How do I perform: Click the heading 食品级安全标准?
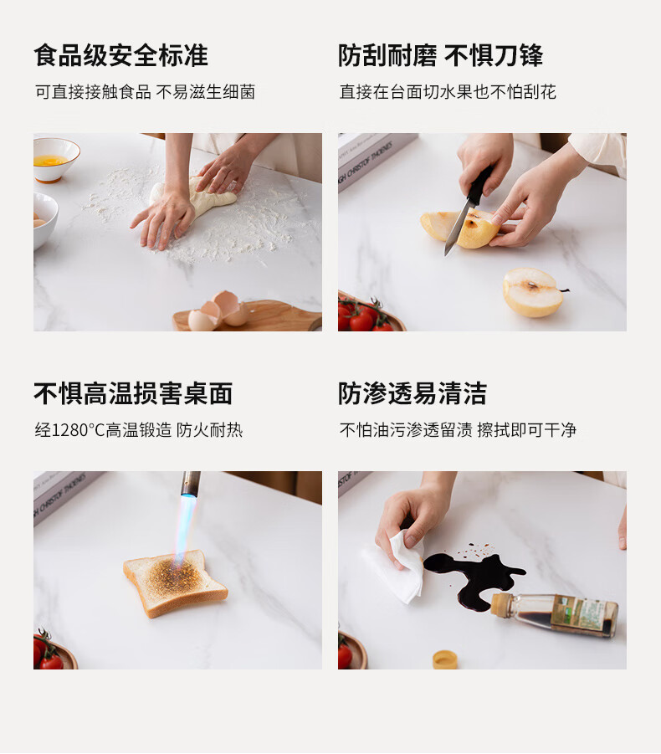(120, 55)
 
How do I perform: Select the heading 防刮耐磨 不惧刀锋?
(441, 55)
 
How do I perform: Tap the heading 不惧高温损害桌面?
(133, 393)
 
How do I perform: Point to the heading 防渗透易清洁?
(413, 393)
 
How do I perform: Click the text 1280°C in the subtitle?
(78, 430)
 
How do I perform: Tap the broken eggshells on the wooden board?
(218, 311)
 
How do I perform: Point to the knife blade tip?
(446, 254)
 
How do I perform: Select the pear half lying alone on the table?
(534, 292)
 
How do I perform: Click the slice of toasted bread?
(175, 582)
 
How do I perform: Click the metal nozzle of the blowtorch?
(190, 483)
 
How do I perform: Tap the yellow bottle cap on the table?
(444, 659)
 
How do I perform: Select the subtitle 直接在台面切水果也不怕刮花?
(448, 91)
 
